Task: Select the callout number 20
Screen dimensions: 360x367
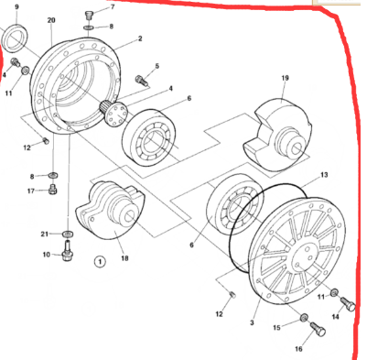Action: [50, 20]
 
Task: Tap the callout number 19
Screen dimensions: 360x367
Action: [285, 79]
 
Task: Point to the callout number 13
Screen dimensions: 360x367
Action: [323, 174]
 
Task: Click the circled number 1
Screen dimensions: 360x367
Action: [100, 261]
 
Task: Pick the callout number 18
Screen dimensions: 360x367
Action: [124, 258]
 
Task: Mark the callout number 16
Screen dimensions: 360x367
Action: [297, 349]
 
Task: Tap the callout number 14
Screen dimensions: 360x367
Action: [350, 316]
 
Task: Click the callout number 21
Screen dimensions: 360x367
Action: [43, 235]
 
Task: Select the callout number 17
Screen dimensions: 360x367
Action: [30, 191]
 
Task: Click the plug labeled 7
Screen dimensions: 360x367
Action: [90, 15]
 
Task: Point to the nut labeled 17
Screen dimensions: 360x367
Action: [53, 190]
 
